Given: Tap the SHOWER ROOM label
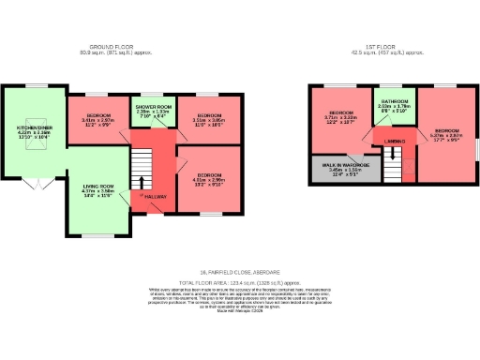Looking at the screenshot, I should pos(153,108).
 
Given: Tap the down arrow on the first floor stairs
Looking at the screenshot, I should pos(392,153).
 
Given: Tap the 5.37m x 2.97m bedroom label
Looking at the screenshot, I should pos(445,130).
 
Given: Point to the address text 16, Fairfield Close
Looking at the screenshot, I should pos(240,272).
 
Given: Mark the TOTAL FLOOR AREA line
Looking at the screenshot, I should pos(240,281).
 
